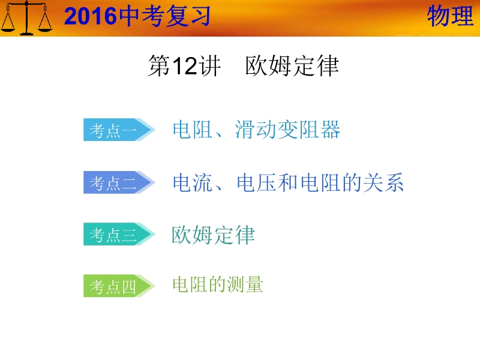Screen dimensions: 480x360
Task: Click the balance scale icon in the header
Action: pos(26,18)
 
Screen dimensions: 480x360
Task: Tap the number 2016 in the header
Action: pos(91,16)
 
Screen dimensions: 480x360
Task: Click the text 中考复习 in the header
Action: pos(164,16)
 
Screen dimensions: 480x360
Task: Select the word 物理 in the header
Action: pos(451,16)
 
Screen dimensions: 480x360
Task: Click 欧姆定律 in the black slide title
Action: pos(292,66)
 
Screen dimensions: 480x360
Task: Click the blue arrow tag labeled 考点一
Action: pos(119,130)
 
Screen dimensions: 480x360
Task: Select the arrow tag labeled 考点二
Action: pos(119,182)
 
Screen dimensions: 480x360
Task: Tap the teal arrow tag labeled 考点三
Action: pos(119,234)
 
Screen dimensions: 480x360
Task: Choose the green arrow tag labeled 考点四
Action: pos(119,286)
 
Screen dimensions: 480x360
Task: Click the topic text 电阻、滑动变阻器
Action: pos(257,130)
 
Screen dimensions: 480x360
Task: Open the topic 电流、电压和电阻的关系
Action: pos(288,182)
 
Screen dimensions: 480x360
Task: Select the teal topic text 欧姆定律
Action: pos(213,235)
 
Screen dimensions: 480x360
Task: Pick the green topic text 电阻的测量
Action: pos(218,284)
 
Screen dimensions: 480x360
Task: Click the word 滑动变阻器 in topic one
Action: pos(288,130)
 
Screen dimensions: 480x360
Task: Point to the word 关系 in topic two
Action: pos(383,182)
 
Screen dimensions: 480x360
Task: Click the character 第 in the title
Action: pos(159,66)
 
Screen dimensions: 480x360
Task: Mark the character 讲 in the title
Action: pos(209,66)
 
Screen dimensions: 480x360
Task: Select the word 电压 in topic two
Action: pos(257,182)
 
